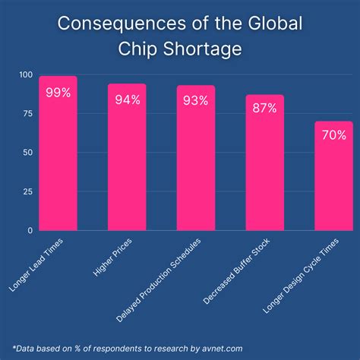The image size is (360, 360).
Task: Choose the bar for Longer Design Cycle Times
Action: coord(333,182)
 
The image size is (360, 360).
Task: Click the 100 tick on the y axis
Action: coord(25,74)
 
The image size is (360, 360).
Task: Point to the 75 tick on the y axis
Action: coord(27,113)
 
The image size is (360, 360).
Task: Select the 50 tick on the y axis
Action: coord(27,152)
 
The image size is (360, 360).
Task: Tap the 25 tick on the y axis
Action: coord(27,191)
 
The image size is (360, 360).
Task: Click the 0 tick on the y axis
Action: coord(30,230)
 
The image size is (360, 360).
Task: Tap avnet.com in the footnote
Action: coord(228,346)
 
